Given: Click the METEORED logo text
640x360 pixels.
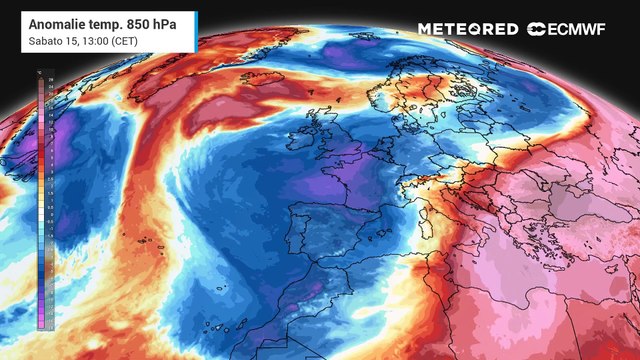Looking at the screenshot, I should point(468,29).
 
